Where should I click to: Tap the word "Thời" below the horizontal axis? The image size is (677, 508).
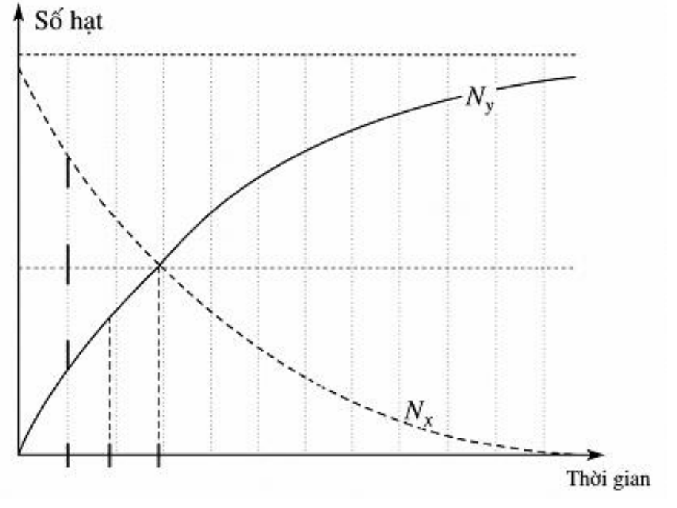point(584,478)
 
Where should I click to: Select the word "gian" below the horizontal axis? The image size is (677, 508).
point(629,481)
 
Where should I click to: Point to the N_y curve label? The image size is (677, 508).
point(480,98)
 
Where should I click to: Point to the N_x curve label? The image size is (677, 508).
point(418,413)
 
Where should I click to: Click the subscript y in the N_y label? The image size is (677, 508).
point(488,106)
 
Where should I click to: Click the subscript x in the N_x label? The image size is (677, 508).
point(427,421)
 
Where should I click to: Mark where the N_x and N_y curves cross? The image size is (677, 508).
point(159,266)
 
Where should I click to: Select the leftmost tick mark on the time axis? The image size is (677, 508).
point(68,455)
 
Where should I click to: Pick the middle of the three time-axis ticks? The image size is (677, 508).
point(109,455)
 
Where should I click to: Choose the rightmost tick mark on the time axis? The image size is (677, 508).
point(159,455)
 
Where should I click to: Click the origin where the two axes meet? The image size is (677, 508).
point(19,455)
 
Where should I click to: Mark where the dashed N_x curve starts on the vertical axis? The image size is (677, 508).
point(19,69)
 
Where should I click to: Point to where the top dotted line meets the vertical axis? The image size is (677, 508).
point(19,55)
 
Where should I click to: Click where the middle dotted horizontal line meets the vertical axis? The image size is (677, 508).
point(19,267)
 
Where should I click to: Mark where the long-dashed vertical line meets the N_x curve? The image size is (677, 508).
point(68,156)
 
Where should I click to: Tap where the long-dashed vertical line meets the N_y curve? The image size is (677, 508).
point(68,370)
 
